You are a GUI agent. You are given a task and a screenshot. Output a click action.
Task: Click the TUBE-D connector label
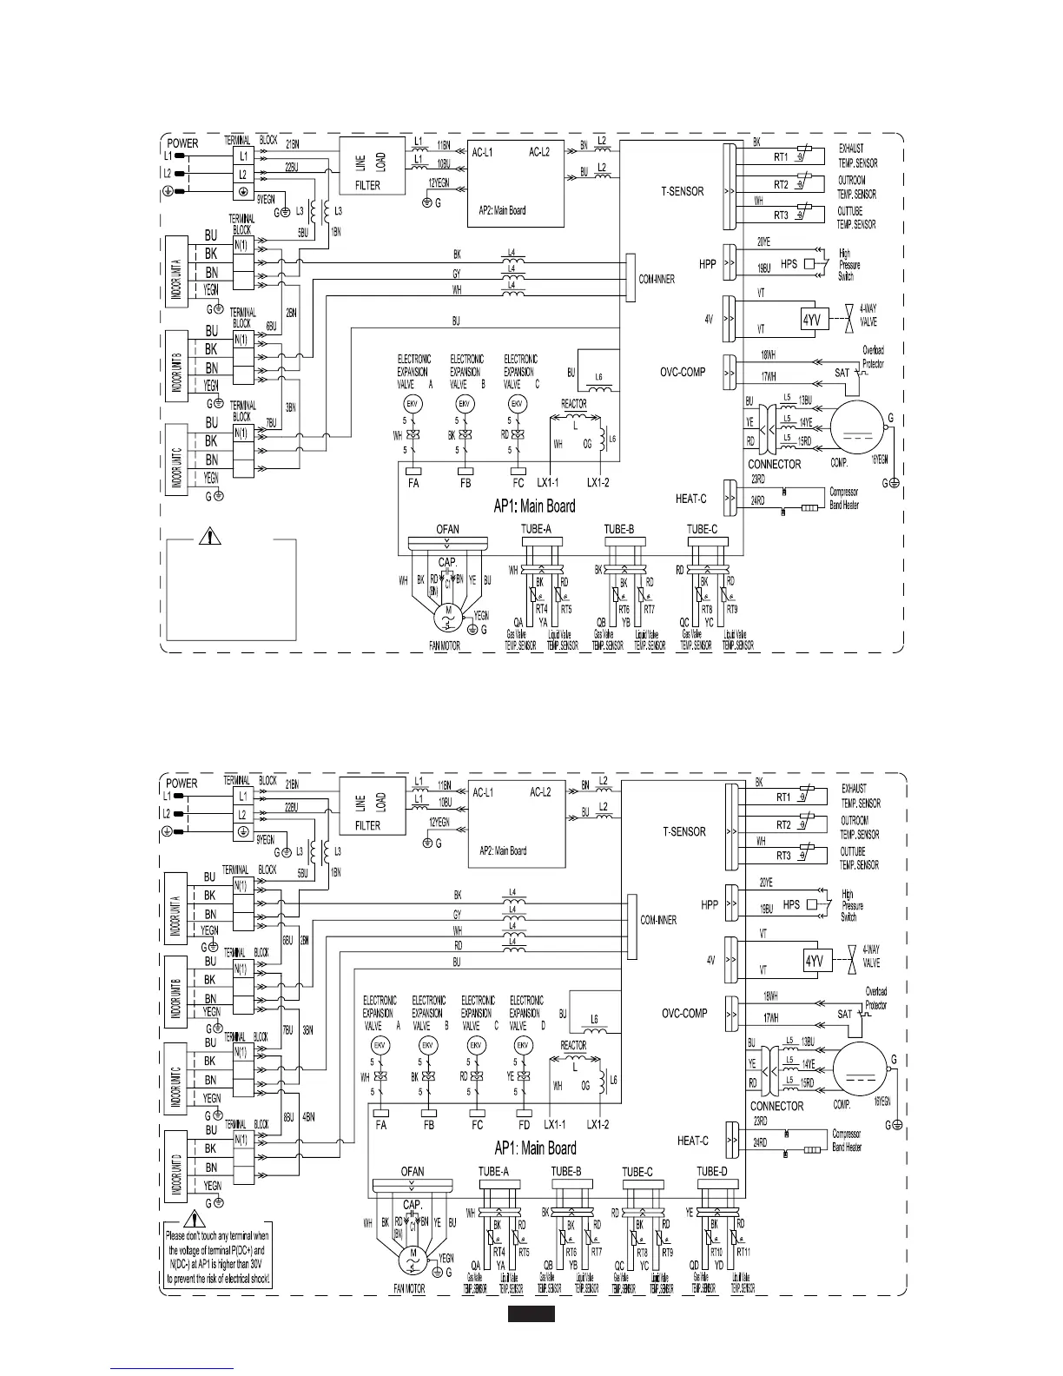(712, 1172)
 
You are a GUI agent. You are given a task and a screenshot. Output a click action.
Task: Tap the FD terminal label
(524, 1124)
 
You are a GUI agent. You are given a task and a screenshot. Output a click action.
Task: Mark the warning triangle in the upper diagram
(210, 536)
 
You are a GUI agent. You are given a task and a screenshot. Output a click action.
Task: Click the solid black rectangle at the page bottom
(531, 1315)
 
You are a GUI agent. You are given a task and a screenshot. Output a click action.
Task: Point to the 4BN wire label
(307, 1117)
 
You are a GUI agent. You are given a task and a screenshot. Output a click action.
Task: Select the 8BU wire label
(287, 1117)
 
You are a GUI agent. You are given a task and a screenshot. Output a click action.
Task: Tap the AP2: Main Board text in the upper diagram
(502, 210)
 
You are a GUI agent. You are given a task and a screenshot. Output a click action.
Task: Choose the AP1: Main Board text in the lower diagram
(535, 1148)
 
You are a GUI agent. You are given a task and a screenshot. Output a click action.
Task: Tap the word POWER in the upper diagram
(182, 143)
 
